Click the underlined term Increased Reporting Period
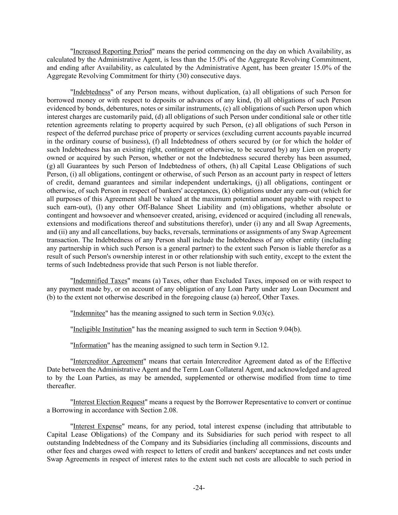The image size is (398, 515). (x=112, y=51)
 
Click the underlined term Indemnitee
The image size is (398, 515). (x=89, y=313)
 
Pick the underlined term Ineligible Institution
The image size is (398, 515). (x=102, y=329)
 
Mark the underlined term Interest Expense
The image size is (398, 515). (x=97, y=426)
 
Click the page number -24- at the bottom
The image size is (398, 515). (x=199, y=488)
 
